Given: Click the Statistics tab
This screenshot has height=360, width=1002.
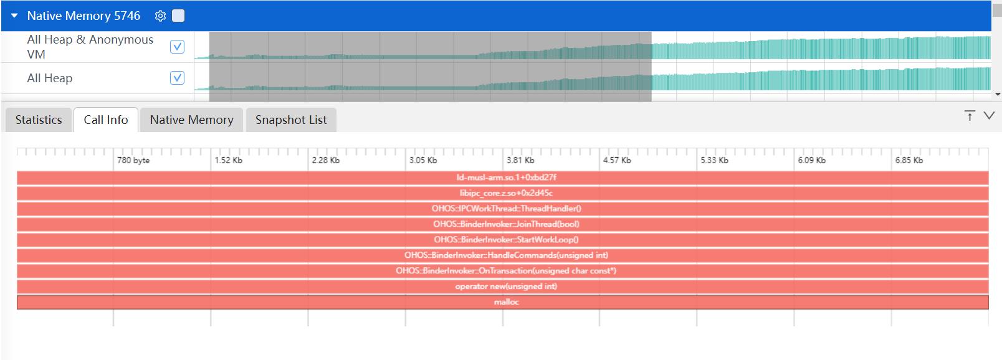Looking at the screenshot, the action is click(39, 120).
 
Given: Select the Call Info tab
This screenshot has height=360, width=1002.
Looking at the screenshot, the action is click(105, 120).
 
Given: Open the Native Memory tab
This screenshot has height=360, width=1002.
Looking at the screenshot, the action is click(191, 120).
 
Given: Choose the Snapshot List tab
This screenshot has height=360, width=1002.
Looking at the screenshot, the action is click(291, 120).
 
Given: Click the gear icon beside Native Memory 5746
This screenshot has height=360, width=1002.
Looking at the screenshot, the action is click(160, 16).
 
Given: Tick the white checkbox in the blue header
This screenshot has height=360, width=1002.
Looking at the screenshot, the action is click(178, 16).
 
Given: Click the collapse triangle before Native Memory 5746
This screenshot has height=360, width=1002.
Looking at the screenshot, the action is click(14, 16).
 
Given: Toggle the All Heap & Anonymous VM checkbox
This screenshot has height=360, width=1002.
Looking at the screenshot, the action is click(177, 47).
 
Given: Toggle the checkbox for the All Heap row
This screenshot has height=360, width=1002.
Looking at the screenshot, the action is click(177, 78).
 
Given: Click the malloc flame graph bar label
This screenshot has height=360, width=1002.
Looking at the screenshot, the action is click(507, 302).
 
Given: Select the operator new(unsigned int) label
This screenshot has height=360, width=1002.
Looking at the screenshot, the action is click(506, 287).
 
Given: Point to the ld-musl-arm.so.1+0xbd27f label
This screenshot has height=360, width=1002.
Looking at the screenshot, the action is click(507, 178).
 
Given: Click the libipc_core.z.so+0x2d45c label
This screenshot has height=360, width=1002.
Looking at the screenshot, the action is click(506, 193).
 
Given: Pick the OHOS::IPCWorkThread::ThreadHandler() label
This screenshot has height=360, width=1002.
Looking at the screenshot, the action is click(507, 209).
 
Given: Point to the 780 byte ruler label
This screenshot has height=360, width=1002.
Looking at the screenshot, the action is click(133, 160).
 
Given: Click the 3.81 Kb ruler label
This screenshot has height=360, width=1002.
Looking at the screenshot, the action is click(520, 160).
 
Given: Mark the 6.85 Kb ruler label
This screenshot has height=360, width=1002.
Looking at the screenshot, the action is click(909, 160).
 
